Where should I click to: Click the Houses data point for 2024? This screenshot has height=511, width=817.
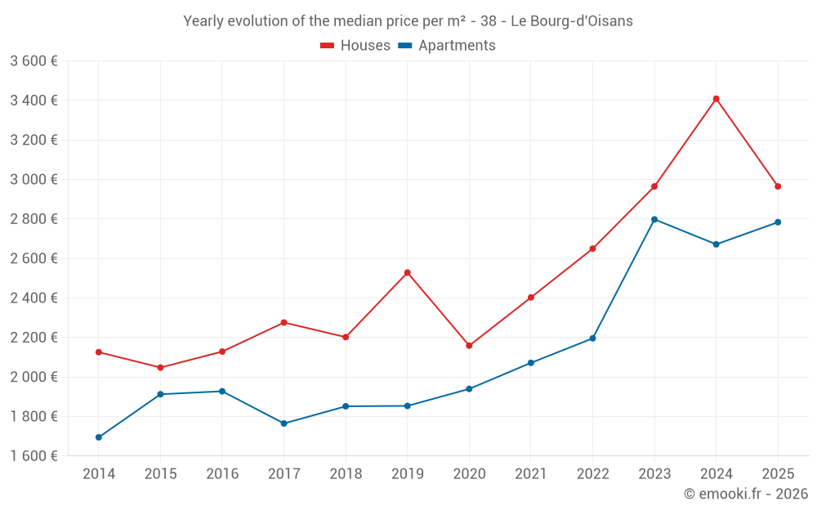click(x=716, y=99)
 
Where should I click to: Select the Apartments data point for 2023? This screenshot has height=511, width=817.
click(x=654, y=219)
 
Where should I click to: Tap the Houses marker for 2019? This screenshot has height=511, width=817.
click(x=407, y=272)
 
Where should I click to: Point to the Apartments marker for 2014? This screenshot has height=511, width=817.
click(x=99, y=437)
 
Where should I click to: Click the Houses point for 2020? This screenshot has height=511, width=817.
click(x=469, y=346)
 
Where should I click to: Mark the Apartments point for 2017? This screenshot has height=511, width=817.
click(x=283, y=424)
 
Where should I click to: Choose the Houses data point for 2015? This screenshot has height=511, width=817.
click(x=160, y=368)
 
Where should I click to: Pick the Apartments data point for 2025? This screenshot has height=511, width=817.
click(x=778, y=222)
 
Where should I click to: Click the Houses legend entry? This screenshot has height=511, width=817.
click(x=355, y=46)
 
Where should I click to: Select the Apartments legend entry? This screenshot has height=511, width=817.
click(x=447, y=46)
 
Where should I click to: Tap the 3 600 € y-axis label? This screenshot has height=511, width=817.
click(x=33, y=61)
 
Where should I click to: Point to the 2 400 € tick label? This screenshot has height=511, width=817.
click(x=33, y=298)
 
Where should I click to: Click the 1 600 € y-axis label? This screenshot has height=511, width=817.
click(x=33, y=456)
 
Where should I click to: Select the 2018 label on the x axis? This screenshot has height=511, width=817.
click(x=346, y=474)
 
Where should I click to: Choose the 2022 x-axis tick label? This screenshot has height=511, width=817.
click(x=592, y=474)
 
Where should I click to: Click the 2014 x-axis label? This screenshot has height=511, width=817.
click(x=99, y=474)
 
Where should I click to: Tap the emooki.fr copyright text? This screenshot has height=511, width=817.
click(x=746, y=494)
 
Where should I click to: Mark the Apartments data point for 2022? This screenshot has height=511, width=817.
click(x=592, y=338)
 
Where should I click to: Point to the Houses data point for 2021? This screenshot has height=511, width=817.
click(x=531, y=298)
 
